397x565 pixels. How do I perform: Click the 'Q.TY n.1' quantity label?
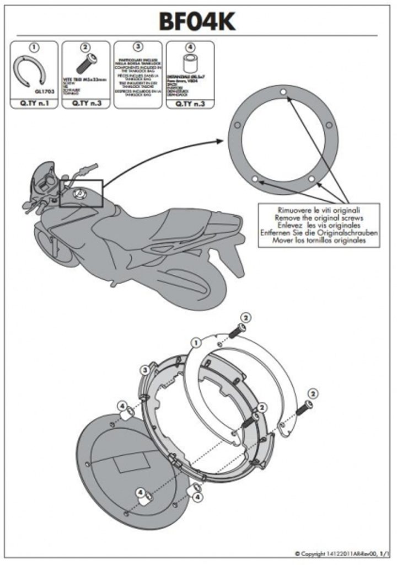tap(34, 103)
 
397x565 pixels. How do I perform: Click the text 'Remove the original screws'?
tap(319, 218)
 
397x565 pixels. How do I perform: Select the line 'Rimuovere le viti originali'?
tap(319, 211)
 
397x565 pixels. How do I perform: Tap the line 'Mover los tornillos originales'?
tap(319, 242)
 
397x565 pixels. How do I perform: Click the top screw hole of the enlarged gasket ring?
tap(282, 91)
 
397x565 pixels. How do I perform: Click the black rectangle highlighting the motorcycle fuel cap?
tap(81, 194)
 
